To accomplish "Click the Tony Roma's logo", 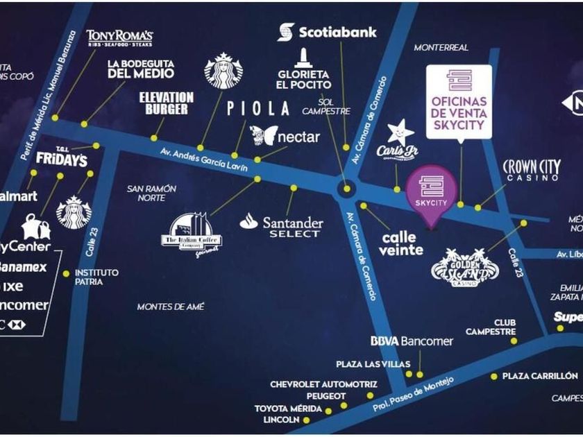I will coord(119,38).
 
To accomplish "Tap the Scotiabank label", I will coord(328,32).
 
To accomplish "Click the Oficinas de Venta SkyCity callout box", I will coord(459,101).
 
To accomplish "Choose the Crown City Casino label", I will coord(530,170).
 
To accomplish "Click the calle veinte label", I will coord(402,243).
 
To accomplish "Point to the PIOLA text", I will coord(258,108).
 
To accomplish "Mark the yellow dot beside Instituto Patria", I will coord(66,273).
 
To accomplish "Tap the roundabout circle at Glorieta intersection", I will coord(346,188).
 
